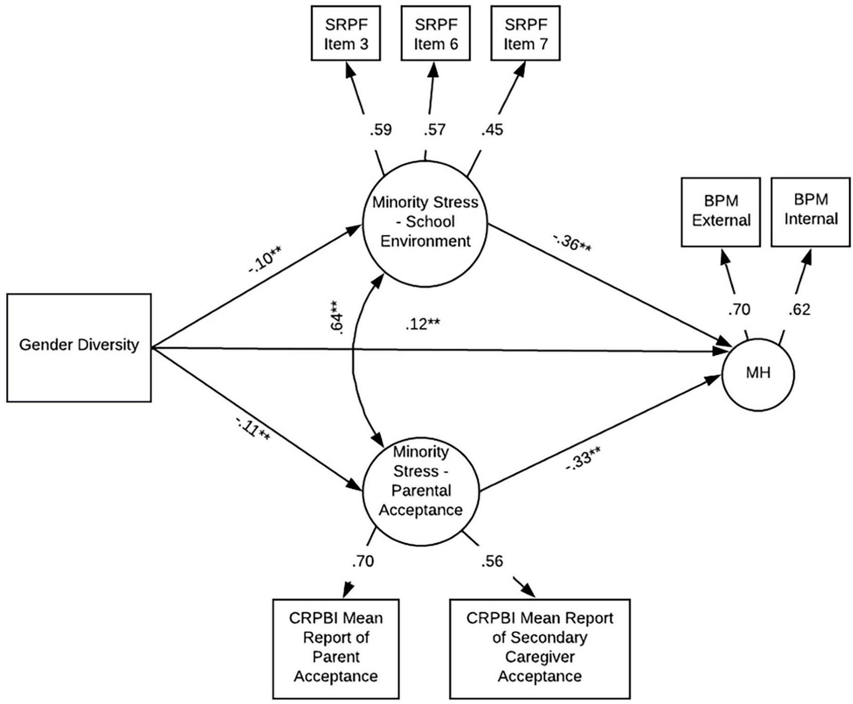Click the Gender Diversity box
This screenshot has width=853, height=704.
(x=78, y=347)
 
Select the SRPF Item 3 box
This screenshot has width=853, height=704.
(x=346, y=33)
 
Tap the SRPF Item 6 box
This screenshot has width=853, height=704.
(x=436, y=33)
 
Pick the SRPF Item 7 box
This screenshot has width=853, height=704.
(x=525, y=33)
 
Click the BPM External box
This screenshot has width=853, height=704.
(x=721, y=212)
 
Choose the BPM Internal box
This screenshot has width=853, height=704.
(x=811, y=212)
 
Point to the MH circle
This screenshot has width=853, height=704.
(x=758, y=374)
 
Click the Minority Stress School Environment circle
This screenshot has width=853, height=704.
(x=425, y=223)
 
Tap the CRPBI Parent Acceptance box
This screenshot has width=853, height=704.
(x=336, y=648)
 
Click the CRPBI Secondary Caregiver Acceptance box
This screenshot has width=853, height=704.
(x=540, y=648)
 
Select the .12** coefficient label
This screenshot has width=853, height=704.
(x=422, y=324)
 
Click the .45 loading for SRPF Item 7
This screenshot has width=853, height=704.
(x=492, y=129)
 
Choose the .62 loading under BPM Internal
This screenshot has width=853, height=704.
(x=799, y=309)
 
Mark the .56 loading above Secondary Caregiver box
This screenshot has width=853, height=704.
(x=491, y=561)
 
